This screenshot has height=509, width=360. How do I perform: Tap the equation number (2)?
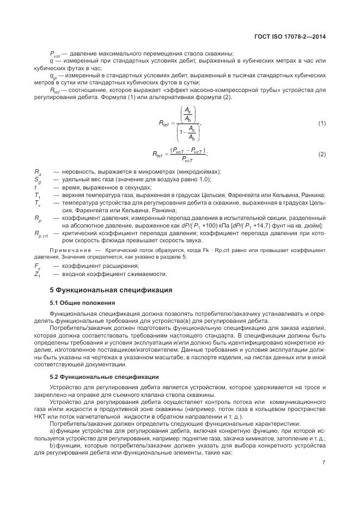click(x=321, y=155)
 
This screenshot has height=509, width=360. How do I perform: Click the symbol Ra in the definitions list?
click(x=38, y=171)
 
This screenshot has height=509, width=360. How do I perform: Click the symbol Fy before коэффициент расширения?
click(x=38, y=266)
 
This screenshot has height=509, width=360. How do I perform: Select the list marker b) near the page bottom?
click(x=53, y=445)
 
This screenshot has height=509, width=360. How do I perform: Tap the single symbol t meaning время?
click(x=35, y=187)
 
